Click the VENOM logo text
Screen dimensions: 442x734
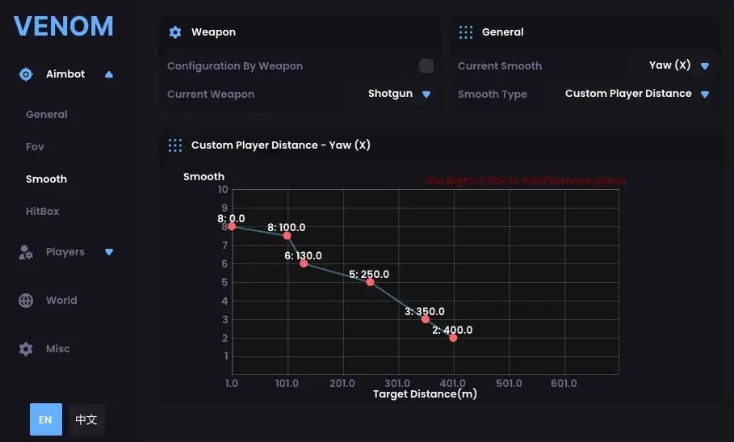pos(64,26)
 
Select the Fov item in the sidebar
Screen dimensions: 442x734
pos(35,147)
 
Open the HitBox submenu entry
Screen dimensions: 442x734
pos(43,212)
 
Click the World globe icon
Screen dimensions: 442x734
pos(26,301)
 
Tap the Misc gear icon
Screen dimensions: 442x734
pos(26,349)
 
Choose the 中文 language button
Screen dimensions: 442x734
pos(86,420)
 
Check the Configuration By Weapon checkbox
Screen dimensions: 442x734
pos(426,66)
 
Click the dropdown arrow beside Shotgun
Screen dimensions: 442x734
pos(426,95)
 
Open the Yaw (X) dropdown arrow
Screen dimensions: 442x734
pos(705,66)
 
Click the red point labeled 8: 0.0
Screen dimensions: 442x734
pos(232,226)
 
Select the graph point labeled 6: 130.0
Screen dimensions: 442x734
pos(304,263)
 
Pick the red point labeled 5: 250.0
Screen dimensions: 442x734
pos(370,282)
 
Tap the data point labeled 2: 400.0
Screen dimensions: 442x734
pos(453,338)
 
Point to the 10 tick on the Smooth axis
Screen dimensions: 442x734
pos(224,190)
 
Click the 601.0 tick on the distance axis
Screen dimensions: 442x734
pos(564,383)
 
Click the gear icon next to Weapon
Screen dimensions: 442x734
pos(175,32)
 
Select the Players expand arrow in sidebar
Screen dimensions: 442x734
pos(109,252)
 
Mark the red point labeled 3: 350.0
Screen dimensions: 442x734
pos(426,319)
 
